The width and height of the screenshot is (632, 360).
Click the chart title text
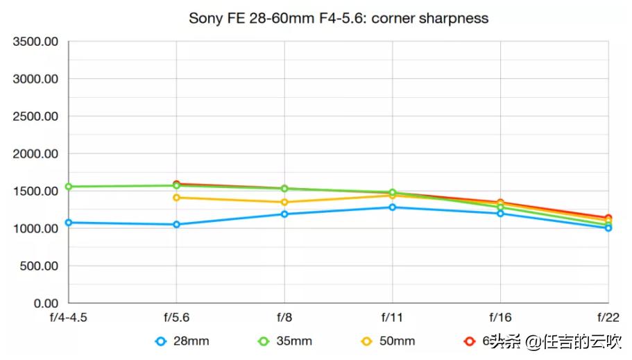[339, 18]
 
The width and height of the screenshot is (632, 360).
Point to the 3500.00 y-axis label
[35, 42]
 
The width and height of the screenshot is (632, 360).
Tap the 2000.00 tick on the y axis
[35, 154]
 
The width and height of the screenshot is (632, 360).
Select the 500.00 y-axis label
[39, 266]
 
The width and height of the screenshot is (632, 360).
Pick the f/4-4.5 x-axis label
[68, 317]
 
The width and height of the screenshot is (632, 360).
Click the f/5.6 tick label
[176, 317]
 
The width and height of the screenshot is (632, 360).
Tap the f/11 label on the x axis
[393, 317]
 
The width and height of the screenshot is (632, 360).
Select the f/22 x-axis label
[608, 317]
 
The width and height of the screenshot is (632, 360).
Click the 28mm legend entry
[182, 341]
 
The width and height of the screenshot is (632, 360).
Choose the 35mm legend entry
[285, 341]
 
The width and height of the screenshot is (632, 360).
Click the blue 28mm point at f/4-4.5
[68, 223]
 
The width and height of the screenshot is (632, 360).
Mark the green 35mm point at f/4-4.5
[68, 187]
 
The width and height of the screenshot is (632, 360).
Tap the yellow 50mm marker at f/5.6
[176, 198]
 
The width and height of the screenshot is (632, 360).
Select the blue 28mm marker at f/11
[393, 207]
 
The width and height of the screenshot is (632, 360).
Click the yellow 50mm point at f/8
[284, 203]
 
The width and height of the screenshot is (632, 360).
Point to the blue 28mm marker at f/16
[500, 213]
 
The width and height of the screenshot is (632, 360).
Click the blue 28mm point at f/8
[284, 214]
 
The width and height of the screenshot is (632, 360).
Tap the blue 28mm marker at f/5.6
[176, 224]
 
